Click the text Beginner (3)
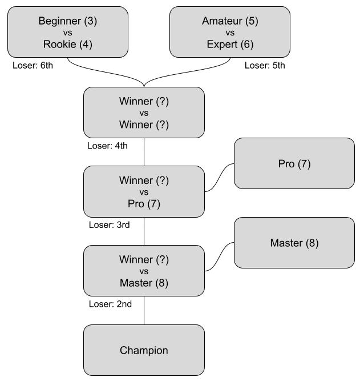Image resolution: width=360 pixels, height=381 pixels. (67, 21)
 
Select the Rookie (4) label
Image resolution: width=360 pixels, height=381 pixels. (67, 44)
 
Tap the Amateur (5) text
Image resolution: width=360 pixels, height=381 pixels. (230, 21)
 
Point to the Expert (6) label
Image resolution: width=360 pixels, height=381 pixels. (230, 44)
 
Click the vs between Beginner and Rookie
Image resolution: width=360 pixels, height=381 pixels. (67, 33)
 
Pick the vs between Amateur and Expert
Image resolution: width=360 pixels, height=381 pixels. (230, 33)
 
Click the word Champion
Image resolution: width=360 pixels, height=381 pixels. (144, 350)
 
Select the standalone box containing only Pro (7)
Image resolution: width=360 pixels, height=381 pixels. (294, 164)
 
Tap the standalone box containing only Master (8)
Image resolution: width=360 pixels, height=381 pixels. (294, 243)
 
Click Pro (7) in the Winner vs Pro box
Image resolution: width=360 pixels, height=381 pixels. (144, 203)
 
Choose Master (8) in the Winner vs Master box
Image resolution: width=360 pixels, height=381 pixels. (144, 283)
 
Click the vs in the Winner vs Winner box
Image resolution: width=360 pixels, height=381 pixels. (144, 113)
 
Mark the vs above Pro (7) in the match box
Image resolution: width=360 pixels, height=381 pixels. (144, 192)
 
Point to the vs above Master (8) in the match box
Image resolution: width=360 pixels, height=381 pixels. (144, 271)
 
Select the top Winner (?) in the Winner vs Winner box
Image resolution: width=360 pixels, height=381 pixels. (144, 101)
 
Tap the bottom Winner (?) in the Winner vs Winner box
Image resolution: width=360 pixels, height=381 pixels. (144, 125)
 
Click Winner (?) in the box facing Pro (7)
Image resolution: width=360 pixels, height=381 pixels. (144, 181)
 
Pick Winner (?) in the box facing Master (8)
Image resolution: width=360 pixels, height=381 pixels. (144, 260)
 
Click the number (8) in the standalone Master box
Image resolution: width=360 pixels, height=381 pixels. (312, 243)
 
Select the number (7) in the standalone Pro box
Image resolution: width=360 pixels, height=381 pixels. (304, 164)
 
